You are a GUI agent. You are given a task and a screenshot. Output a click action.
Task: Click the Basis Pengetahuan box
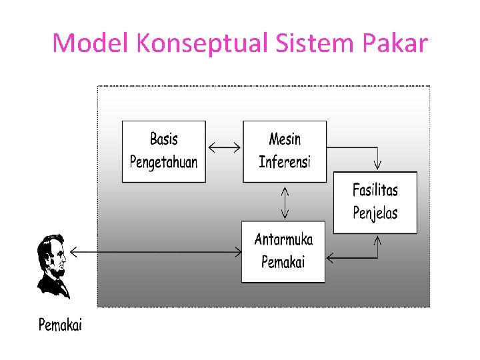tap(163, 151)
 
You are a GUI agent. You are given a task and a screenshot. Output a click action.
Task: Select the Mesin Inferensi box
tap(285, 151)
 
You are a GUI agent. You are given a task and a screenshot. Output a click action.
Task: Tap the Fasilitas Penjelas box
tap(375, 202)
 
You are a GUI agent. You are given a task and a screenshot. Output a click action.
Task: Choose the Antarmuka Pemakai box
tap(283, 251)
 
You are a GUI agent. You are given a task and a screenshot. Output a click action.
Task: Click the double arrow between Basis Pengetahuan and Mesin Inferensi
tap(224, 147)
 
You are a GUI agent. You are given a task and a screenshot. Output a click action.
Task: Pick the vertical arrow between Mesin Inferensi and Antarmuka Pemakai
tap(285, 201)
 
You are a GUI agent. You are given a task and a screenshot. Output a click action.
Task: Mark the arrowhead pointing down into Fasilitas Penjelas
tap(377, 164)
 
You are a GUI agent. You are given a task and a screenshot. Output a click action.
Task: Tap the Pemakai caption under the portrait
tap(60, 325)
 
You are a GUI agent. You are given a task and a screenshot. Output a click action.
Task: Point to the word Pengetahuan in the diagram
tap(163, 162)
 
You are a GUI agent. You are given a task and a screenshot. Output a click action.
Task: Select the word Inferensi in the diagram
tap(285, 162)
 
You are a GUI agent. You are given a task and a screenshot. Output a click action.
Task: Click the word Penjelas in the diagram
tap(375, 213)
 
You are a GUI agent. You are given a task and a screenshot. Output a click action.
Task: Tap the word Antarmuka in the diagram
tap(283, 240)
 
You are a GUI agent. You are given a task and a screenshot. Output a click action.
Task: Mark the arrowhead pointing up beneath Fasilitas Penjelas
tap(377, 241)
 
